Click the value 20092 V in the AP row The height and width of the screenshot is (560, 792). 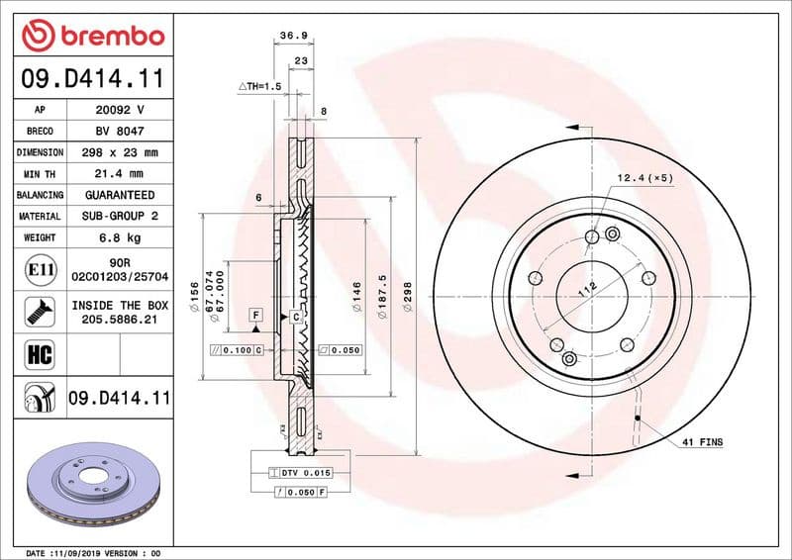(x=120, y=110)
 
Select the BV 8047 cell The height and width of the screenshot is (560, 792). (x=120, y=131)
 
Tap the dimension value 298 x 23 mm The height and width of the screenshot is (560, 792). (x=120, y=152)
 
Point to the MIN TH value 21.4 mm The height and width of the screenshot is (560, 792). (x=120, y=173)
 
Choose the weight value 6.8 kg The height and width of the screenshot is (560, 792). (x=120, y=237)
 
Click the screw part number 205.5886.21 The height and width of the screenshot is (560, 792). (x=120, y=321)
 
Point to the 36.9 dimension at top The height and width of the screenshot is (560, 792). (x=293, y=36)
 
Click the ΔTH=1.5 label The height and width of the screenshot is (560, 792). (x=260, y=87)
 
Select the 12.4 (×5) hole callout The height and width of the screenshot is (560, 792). (x=644, y=178)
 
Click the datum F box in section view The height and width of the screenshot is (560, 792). (x=255, y=315)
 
